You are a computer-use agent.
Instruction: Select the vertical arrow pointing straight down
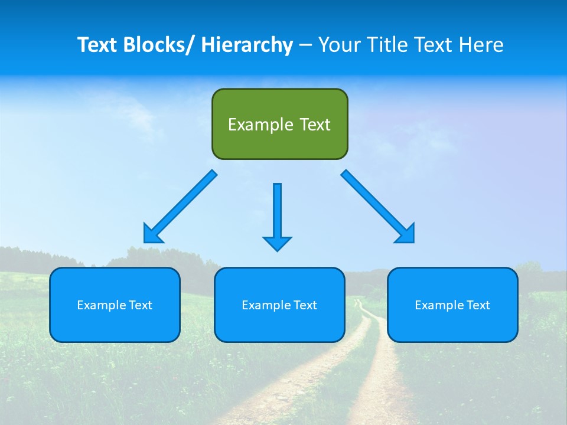point(277,212)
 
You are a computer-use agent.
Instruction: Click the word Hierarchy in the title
point(247,45)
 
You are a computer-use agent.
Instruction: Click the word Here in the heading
point(482,45)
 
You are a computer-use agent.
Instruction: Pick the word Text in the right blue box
point(477,305)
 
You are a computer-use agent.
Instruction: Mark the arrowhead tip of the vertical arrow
point(277,250)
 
